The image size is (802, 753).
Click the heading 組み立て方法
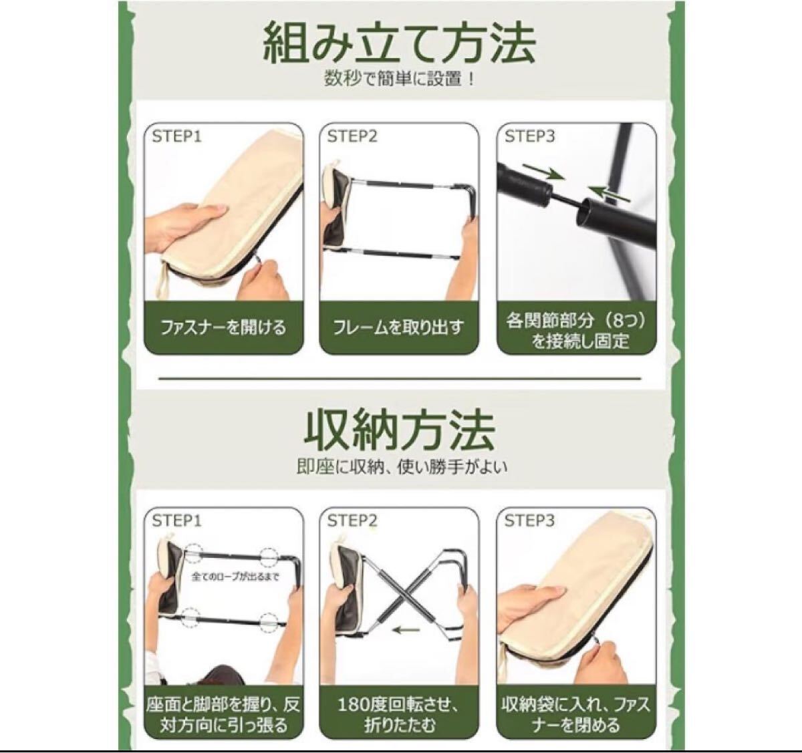click(x=399, y=43)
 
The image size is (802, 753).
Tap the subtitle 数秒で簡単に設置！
click(x=399, y=79)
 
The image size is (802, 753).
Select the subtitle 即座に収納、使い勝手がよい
click(x=402, y=467)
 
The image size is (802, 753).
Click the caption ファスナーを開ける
click(x=223, y=327)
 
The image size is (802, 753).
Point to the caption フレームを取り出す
click(x=398, y=327)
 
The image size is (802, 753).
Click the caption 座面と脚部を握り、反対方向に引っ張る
click(x=223, y=715)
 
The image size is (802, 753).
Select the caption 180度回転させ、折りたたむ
click(x=398, y=715)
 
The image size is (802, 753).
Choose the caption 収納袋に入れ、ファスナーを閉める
click(x=576, y=715)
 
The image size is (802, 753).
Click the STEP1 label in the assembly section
click(x=176, y=136)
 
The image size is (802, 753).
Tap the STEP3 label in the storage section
click(x=529, y=521)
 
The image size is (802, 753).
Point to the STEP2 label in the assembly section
click(x=352, y=136)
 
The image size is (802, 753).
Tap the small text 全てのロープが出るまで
click(x=235, y=577)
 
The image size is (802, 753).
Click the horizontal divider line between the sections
click(x=400, y=379)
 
